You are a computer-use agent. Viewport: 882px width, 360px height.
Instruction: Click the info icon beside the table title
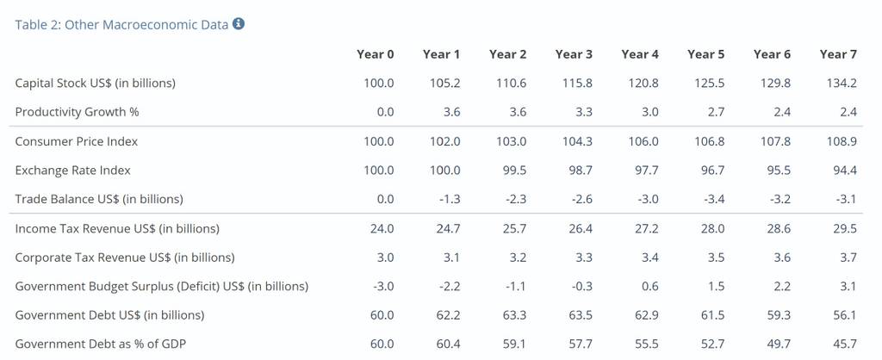(x=239, y=23)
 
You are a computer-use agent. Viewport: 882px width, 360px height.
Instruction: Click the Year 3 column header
(x=574, y=54)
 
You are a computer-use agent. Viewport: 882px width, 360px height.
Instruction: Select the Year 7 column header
(x=838, y=54)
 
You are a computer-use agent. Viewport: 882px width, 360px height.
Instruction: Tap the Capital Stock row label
(x=96, y=84)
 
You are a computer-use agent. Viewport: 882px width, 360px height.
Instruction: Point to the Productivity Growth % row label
(x=77, y=112)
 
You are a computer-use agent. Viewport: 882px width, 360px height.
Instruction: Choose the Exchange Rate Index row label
(x=73, y=171)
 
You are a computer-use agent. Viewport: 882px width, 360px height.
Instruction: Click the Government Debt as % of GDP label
(x=101, y=344)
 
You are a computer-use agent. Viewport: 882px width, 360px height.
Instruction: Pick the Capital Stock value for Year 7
(x=842, y=84)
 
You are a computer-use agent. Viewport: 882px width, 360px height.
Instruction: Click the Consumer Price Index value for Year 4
(x=643, y=141)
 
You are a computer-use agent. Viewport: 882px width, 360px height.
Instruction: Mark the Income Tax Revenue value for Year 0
(x=382, y=229)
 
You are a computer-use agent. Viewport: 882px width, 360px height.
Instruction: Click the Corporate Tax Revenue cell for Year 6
(x=783, y=258)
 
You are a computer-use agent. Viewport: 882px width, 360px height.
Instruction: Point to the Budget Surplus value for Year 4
(x=650, y=286)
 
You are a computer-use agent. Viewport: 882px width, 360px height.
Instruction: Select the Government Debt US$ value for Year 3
(x=581, y=315)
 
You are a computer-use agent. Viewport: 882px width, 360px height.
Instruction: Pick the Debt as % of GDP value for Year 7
(x=846, y=344)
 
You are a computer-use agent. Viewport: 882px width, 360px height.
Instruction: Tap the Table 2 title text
(x=122, y=24)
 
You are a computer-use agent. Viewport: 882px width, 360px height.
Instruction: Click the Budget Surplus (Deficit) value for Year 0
(x=382, y=286)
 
